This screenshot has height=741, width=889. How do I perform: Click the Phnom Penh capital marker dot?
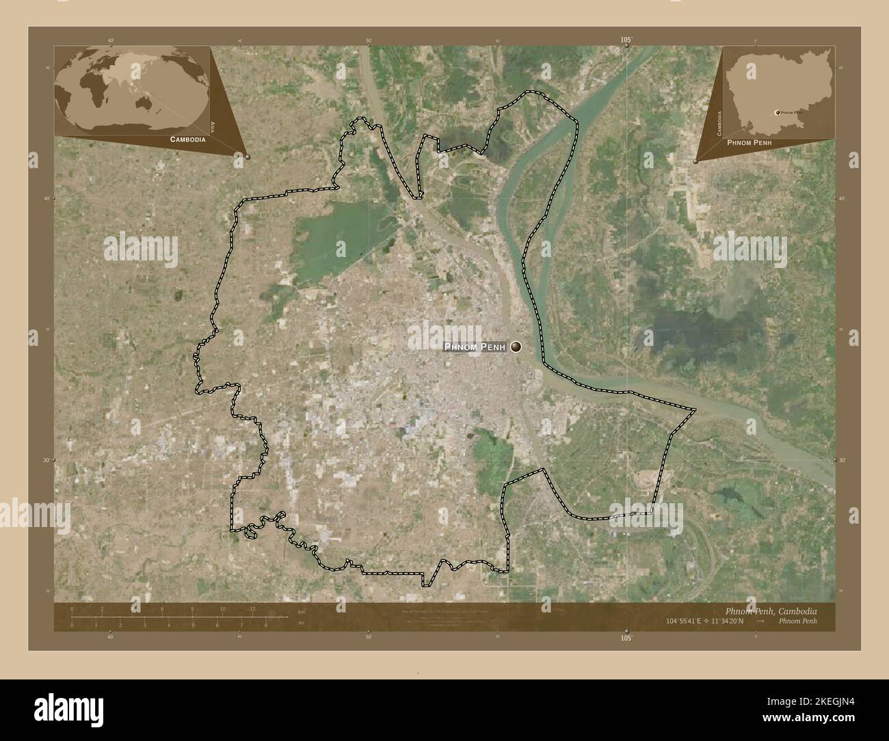coord(516,347)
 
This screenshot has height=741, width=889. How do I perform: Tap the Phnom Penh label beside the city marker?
coord(475,347)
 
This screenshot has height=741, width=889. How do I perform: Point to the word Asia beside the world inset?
coord(213,126)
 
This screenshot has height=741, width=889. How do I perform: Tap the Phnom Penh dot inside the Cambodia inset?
coord(777,111)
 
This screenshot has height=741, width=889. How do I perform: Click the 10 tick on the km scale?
coord(222,609)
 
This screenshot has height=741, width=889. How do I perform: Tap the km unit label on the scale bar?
coord(302,610)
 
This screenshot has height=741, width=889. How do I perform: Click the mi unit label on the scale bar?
coord(302,623)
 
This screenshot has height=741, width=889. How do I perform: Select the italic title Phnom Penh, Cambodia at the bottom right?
coord(770,610)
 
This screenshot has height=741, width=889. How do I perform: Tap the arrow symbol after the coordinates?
coord(760,621)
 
